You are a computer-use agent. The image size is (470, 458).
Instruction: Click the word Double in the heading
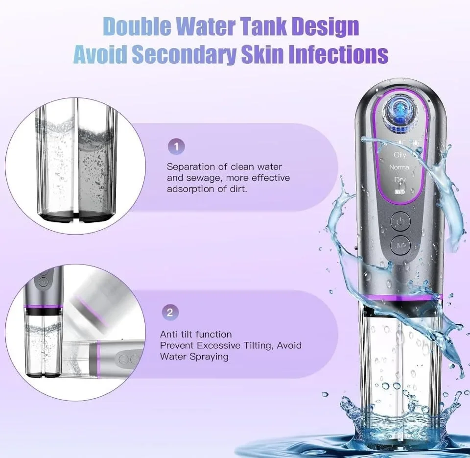click(140, 27)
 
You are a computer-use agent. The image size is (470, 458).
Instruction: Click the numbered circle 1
click(176, 146)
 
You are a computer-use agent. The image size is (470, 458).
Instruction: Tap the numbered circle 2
click(170, 313)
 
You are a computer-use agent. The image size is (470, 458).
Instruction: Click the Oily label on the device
click(400, 155)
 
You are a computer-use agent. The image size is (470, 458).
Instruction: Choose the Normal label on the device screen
click(399, 167)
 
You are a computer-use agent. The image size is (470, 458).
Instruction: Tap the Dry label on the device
click(400, 180)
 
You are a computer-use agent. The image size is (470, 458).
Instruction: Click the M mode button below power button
click(400, 245)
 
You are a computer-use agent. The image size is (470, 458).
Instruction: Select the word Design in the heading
click(325, 27)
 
